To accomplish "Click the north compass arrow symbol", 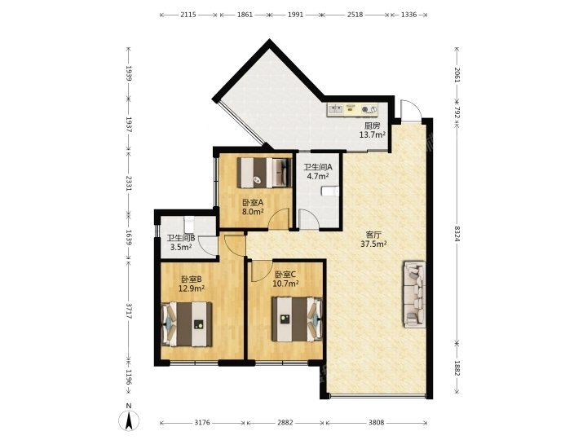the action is point(129,420).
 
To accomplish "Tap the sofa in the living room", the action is point(414,294).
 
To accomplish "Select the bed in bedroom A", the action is point(264,173).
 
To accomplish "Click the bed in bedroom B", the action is point(187,324).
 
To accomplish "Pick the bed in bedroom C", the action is point(298,319).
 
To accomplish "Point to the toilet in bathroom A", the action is point(330,191).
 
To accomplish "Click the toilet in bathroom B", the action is point(189,225).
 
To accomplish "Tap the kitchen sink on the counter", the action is point(335,109).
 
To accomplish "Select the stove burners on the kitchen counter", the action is point(369,109).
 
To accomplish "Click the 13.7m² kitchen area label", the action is point(373,134).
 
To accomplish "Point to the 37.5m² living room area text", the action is point(373,244).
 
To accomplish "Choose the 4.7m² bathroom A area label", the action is point(318,176).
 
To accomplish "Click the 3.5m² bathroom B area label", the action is point(181,247).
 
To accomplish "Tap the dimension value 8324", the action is point(457,233).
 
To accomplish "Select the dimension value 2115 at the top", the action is point(188,15).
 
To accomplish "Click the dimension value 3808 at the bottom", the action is point(376,422).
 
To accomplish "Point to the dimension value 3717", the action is point(129,310).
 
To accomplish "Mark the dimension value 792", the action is point(457,113).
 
